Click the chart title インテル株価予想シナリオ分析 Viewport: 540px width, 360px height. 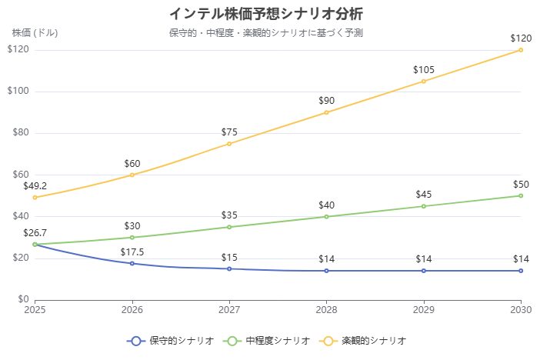(x=266, y=14)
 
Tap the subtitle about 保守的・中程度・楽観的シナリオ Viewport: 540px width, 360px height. (x=266, y=33)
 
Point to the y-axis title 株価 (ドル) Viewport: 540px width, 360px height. (x=35, y=32)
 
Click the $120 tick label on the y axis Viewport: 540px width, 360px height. (x=18, y=50)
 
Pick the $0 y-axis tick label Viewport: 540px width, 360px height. (x=23, y=299)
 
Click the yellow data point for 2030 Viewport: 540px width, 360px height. (x=521, y=50)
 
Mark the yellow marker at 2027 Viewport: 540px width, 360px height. (x=229, y=144)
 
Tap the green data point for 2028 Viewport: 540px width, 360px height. (x=326, y=216)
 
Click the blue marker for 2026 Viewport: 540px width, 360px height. (x=132, y=263)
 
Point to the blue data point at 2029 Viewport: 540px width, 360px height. (x=424, y=271)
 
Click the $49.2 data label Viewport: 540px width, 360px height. (x=35, y=186)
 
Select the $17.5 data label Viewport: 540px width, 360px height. (x=132, y=252)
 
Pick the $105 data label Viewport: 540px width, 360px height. (x=424, y=70)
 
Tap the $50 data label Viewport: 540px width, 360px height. (x=521, y=185)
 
